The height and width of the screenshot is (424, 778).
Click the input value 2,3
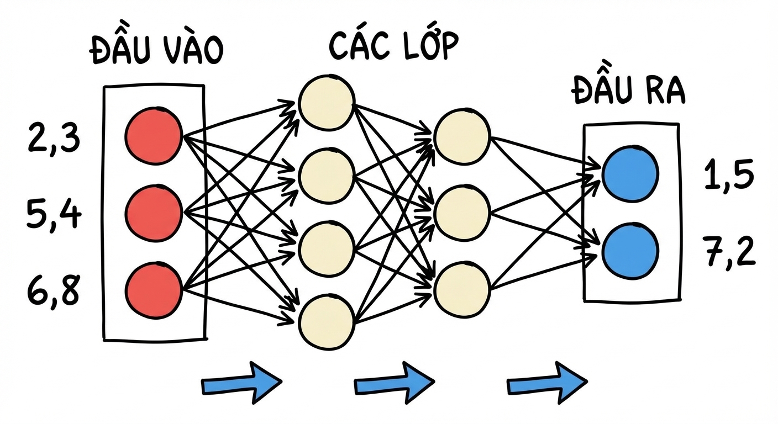coord(54,138)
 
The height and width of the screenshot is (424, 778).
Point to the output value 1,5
coord(729,175)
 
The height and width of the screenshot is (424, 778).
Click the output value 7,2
coord(729,251)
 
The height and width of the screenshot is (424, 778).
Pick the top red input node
coord(154,136)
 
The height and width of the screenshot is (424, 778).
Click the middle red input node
coord(154,213)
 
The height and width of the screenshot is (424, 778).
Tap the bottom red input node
coord(154,290)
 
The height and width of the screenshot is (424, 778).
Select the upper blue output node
coord(630,173)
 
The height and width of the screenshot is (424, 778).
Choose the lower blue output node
coord(630,251)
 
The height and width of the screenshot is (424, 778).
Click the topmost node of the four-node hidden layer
coord(327,102)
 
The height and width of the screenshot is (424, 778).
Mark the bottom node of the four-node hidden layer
coord(327,322)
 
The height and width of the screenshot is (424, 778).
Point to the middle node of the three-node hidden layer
coord(462,213)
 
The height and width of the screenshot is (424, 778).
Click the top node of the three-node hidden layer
coord(462,136)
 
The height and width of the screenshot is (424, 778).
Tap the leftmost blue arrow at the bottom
coord(241,383)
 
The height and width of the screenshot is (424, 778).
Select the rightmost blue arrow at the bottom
coord(547,383)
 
